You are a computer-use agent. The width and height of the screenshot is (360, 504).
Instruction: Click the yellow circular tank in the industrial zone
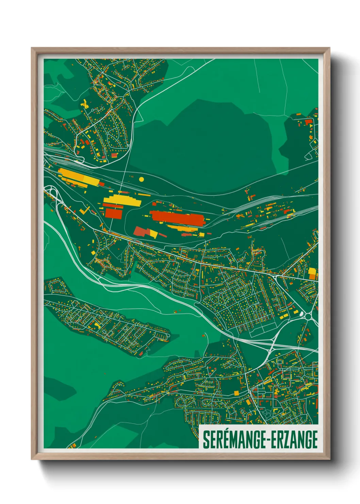[x=142, y=179]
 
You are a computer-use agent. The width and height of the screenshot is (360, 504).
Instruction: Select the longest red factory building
[x=177, y=218]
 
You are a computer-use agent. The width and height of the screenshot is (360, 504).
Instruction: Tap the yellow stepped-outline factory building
[x=122, y=200]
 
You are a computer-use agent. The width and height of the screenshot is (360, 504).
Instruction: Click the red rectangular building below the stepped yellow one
[x=114, y=213]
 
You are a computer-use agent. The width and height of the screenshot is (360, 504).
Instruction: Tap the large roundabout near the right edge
[x=309, y=317]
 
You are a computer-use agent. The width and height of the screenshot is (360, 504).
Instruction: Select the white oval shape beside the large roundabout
[x=301, y=313]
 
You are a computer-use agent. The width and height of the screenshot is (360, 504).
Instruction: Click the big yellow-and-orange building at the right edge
[x=312, y=273]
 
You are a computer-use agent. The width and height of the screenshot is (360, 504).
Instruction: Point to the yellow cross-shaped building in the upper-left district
[x=84, y=104]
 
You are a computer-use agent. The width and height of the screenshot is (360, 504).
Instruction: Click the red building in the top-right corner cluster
[x=308, y=122]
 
